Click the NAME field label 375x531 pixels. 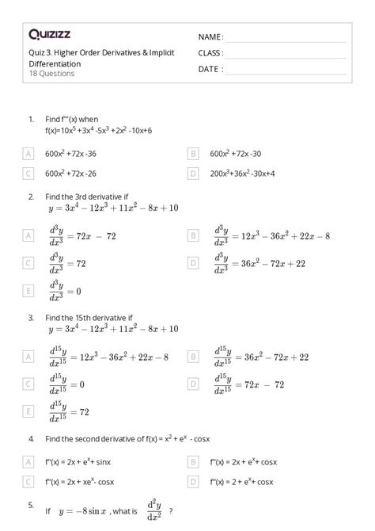click(210, 37)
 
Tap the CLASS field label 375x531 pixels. click(210, 53)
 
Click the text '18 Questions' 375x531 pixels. click(51, 74)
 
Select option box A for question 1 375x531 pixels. click(29, 153)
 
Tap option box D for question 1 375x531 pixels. click(193, 173)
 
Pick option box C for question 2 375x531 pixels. click(29, 262)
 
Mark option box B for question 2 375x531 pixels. click(193, 235)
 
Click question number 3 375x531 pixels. click(30, 317)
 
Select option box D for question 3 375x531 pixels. click(193, 384)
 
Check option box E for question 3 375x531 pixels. click(29, 411)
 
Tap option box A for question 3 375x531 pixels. click(29, 357)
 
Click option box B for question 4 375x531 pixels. click(193, 460)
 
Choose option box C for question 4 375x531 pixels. click(29, 480)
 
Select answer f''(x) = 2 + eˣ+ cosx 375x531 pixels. click(242, 480)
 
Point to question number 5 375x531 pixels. click(30, 504)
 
